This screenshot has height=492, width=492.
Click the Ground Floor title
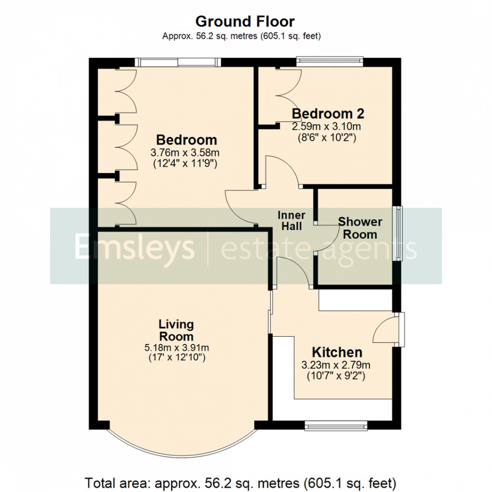tap(245, 22)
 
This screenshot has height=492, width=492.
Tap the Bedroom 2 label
tap(328, 114)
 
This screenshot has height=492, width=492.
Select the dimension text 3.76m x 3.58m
tap(186, 153)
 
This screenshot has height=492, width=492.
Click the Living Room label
tap(177, 330)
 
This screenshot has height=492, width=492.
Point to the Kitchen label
tap(337, 352)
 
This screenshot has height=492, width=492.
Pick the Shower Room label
tap(360, 228)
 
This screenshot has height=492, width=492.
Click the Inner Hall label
tap(291, 220)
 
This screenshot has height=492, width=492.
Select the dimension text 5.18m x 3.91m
tap(177, 348)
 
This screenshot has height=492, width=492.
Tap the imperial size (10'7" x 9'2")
tap(336, 375)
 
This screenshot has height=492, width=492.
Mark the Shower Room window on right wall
tap(398, 233)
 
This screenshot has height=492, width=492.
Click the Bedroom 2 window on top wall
tap(329, 61)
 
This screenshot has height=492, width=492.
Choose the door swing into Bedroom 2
tap(284, 171)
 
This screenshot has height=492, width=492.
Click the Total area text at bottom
tap(241, 482)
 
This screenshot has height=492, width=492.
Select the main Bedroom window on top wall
tap(177, 62)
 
